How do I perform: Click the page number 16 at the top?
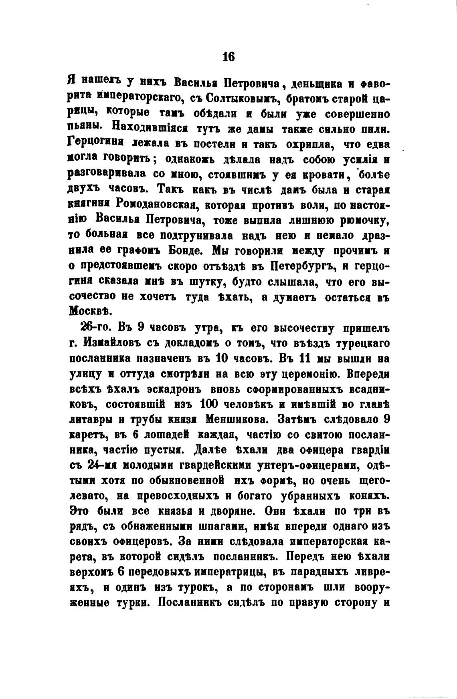228,57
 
